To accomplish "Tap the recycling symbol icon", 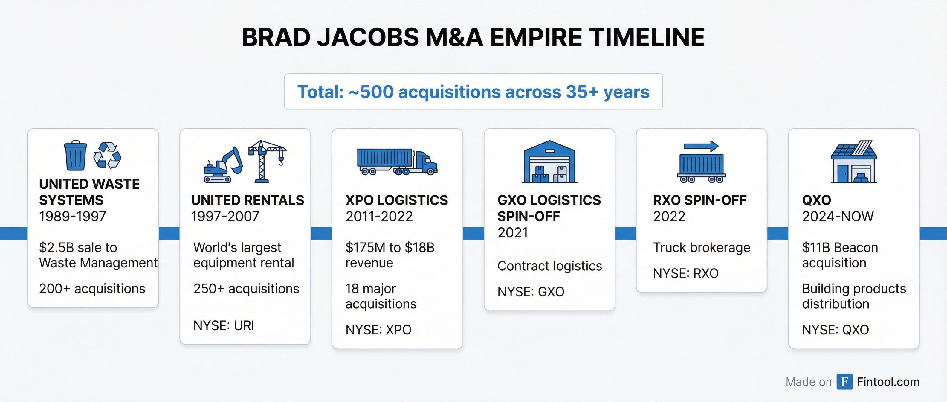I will point(107,156).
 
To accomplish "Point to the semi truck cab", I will point(426,164).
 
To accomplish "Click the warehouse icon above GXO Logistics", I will point(549,162).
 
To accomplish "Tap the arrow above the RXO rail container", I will point(701,146).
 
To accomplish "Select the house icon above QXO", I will point(854,162).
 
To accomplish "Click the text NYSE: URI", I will point(224,325).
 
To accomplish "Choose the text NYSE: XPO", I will point(378,330).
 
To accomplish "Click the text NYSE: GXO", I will point(531,292).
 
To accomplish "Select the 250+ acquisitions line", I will point(246,289).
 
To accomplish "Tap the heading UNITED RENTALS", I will point(248,200).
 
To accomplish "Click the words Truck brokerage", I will point(701,248).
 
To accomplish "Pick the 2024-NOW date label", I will point(838,216).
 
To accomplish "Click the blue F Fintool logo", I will point(844,382).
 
